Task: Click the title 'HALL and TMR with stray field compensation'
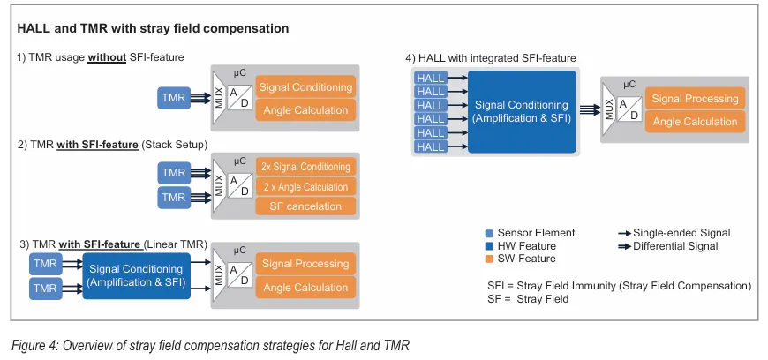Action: tap(153, 28)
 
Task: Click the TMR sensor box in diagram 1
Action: tap(174, 98)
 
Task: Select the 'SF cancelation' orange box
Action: tap(305, 206)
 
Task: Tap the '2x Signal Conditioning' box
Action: tap(305, 166)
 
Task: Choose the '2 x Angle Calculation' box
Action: tap(305, 186)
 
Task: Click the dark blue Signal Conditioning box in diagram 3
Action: tap(136, 275)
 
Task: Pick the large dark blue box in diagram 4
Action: tap(521, 112)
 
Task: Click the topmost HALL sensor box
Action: tap(431, 78)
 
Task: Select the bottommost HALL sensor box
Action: tap(431, 146)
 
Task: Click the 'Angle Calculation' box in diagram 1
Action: tap(305, 110)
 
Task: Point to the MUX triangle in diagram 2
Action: tap(219, 185)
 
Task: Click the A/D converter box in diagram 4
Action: tap(627, 109)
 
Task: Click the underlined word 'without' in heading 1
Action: tap(109, 58)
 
